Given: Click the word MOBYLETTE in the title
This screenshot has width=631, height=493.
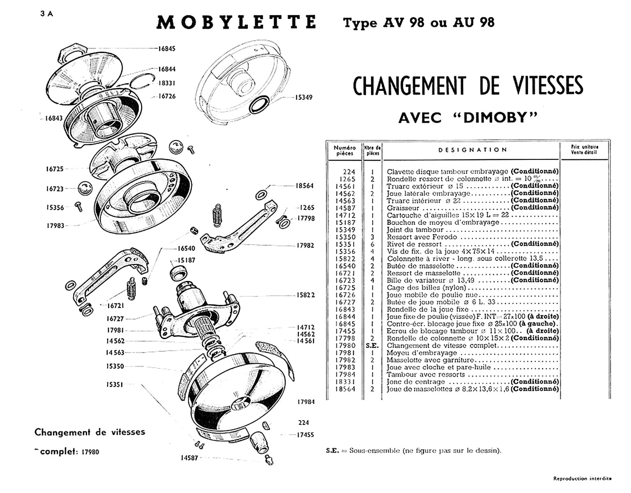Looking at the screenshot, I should tap(236, 23).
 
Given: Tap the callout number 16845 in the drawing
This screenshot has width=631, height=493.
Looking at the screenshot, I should tap(167, 48).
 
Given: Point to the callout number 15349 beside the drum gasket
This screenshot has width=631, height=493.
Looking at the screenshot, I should tap(304, 98).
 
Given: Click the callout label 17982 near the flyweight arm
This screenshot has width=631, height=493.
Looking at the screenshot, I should tap(305, 246).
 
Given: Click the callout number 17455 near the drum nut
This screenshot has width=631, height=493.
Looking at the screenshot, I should tap(306, 435).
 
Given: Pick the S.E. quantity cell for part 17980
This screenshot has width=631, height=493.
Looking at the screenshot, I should tap(372, 346).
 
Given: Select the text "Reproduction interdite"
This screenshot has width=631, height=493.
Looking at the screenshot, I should tap(582, 478).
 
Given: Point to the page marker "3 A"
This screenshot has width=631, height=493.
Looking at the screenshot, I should tap(47, 14).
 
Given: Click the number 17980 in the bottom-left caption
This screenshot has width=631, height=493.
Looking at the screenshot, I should tap(90, 452).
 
